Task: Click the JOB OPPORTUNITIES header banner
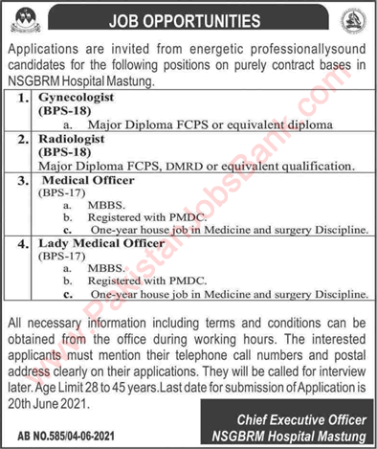[188, 15]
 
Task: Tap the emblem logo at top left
[20, 17]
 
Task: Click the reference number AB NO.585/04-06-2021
[60, 426]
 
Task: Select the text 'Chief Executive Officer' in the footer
[297, 421]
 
